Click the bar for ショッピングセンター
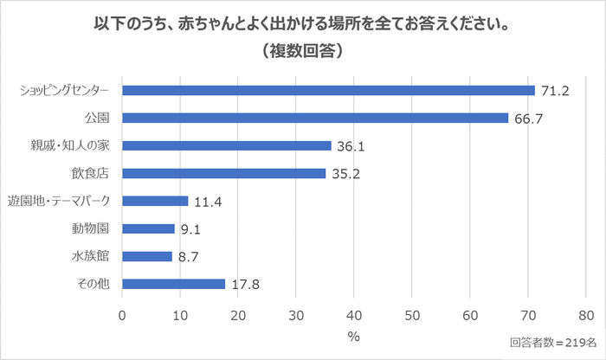pyautogui.click(x=329, y=90)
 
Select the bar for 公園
pyautogui.click(x=315, y=118)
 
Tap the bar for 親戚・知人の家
pyautogui.click(x=227, y=145)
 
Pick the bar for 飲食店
pyautogui.click(x=224, y=173)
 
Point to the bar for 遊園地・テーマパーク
pyautogui.click(x=155, y=201)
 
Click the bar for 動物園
pyautogui.click(x=148, y=228)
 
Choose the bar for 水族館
pyautogui.click(x=147, y=256)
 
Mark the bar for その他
pyautogui.click(x=173, y=284)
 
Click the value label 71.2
pyautogui.click(x=553, y=90)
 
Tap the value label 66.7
pyautogui.click(x=527, y=119)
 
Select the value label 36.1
pyautogui.click(x=350, y=146)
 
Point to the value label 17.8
pyautogui.click(x=244, y=284)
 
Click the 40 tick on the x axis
pyautogui.click(x=354, y=315)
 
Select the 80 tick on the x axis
pyautogui.click(x=586, y=315)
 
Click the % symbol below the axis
pyautogui.click(x=354, y=335)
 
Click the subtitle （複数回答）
pyautogui.click(x=303, y=51)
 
